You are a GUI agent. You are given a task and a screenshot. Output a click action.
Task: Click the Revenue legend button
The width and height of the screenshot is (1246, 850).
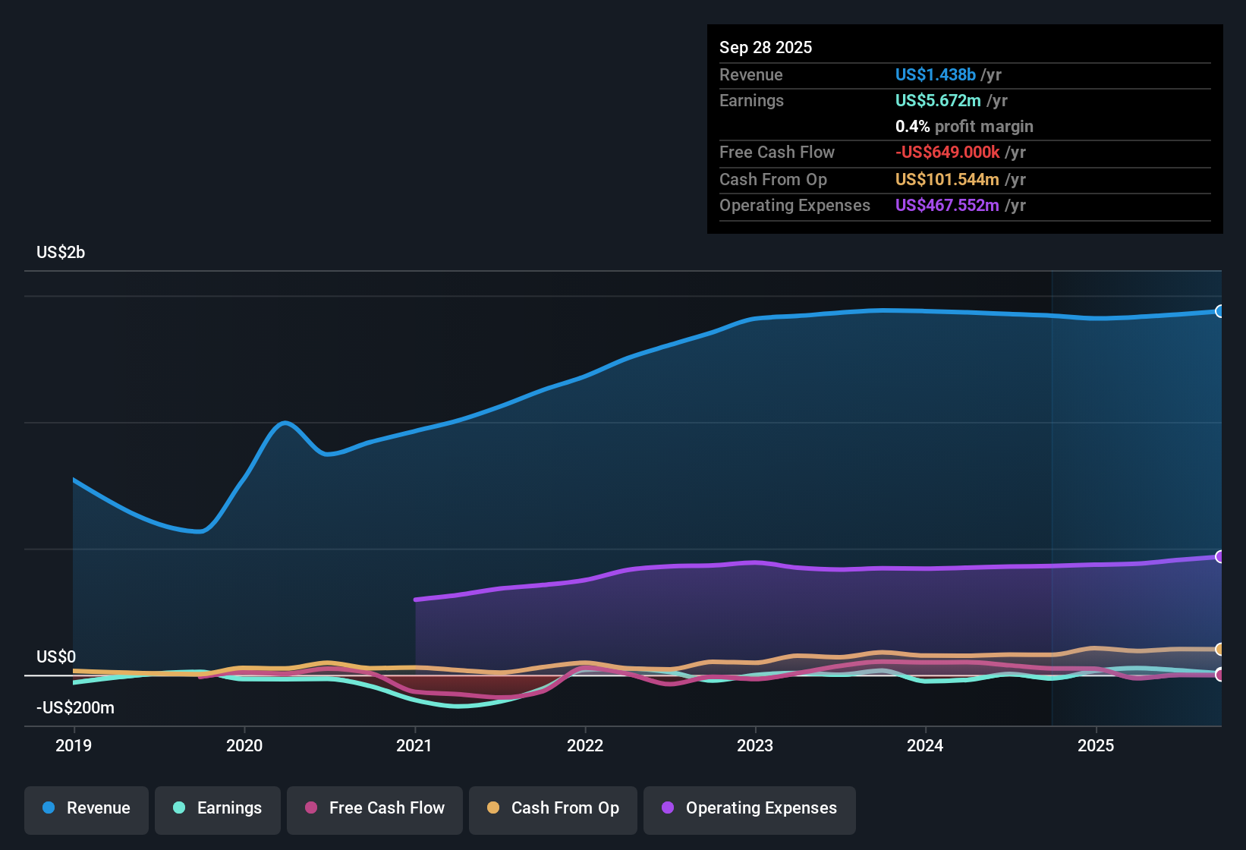[x=87, y=808]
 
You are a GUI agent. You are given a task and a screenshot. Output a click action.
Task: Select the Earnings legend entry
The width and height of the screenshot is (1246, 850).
[x=218, y=808]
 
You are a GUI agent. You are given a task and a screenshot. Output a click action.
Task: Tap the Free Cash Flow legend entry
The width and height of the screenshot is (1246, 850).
[x=375, y=808]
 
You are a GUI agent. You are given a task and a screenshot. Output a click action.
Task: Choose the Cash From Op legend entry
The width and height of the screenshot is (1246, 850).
[x=553, y=808]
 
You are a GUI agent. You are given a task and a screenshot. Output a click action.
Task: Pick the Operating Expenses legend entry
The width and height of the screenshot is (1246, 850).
[x=750, y=808]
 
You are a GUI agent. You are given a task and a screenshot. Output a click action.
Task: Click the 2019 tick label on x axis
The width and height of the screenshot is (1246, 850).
[x=74, y=746]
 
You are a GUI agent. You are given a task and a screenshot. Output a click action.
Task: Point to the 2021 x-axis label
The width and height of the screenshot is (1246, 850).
[x=414, y=746]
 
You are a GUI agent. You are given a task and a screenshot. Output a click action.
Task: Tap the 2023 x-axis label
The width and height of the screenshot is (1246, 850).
[x=755, y=746]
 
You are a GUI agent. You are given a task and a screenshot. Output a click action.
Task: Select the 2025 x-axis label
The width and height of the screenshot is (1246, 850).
[x=1096, y=746]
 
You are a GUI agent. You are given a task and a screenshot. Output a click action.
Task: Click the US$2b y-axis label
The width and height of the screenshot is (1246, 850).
[x=61, y=253]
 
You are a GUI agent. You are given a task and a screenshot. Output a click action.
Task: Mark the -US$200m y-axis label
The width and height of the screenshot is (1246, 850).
[x=75, y=708]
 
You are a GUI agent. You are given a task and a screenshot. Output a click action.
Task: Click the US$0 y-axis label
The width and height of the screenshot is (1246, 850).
[x=56, y=657]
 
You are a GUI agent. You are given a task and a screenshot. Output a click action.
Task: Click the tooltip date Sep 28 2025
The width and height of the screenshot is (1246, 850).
[x=766, y=48]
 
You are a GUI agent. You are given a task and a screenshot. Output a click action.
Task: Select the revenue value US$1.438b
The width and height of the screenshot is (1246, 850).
[x=935, y=75]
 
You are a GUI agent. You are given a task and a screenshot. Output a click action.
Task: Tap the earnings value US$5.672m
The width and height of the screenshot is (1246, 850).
[x=938, y=101]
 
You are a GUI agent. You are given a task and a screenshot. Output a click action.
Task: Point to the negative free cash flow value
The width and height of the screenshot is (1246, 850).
[x=947, y=153]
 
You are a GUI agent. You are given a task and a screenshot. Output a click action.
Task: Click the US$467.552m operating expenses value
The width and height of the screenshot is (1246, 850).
[x=947, y=206]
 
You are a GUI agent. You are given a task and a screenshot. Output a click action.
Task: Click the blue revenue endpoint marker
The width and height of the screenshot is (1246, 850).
[x=1219, y=311]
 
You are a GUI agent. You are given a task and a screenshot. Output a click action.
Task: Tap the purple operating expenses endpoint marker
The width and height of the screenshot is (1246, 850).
[x=1219, y=557]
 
